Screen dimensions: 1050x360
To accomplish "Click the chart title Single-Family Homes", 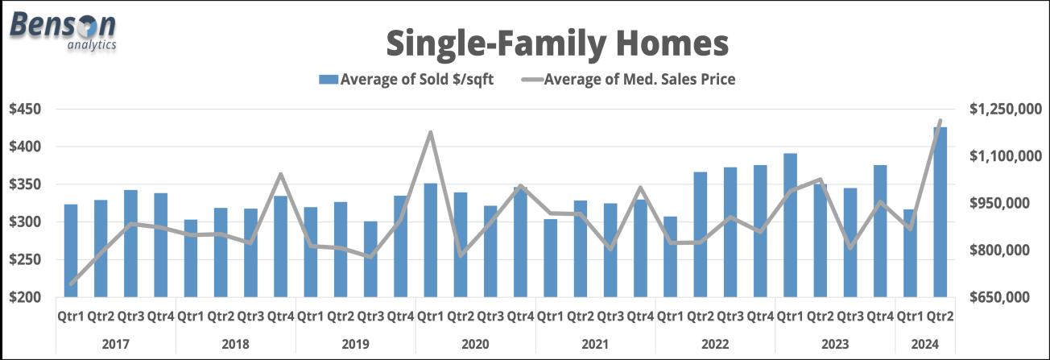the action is coord(557,43).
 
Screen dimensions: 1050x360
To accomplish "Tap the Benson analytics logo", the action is coord(63,31).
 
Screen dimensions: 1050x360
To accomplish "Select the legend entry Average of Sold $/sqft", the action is coord(406,79).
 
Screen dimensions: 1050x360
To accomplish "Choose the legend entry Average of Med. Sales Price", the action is coord(629,79).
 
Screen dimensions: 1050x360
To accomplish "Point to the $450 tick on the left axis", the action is coord(25,110).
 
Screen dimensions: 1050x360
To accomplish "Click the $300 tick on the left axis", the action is coord(25,221).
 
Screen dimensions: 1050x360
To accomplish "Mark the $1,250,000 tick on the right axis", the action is coord(1006,110).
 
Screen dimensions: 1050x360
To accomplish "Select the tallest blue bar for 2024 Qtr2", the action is coord(940,212).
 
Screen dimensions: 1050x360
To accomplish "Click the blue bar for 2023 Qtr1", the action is coord(790,225).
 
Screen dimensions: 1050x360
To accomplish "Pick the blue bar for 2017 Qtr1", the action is coord(71,250).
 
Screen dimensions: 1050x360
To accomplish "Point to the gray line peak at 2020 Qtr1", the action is coord(430,133).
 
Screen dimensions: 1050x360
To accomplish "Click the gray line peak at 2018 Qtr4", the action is coord(281,175).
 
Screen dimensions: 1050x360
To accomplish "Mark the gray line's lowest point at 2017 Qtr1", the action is coord(71,284).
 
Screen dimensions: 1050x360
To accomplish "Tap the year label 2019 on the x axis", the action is coord(355,345).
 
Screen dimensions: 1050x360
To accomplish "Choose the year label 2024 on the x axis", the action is coord(925,345).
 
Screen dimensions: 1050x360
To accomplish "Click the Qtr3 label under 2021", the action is coord(610,317).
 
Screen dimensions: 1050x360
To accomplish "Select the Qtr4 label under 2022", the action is coord(760,317).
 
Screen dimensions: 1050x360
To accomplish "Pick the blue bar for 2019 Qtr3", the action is coord(370,259).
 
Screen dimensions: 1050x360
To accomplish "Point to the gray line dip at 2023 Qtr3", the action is coord(850,247).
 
